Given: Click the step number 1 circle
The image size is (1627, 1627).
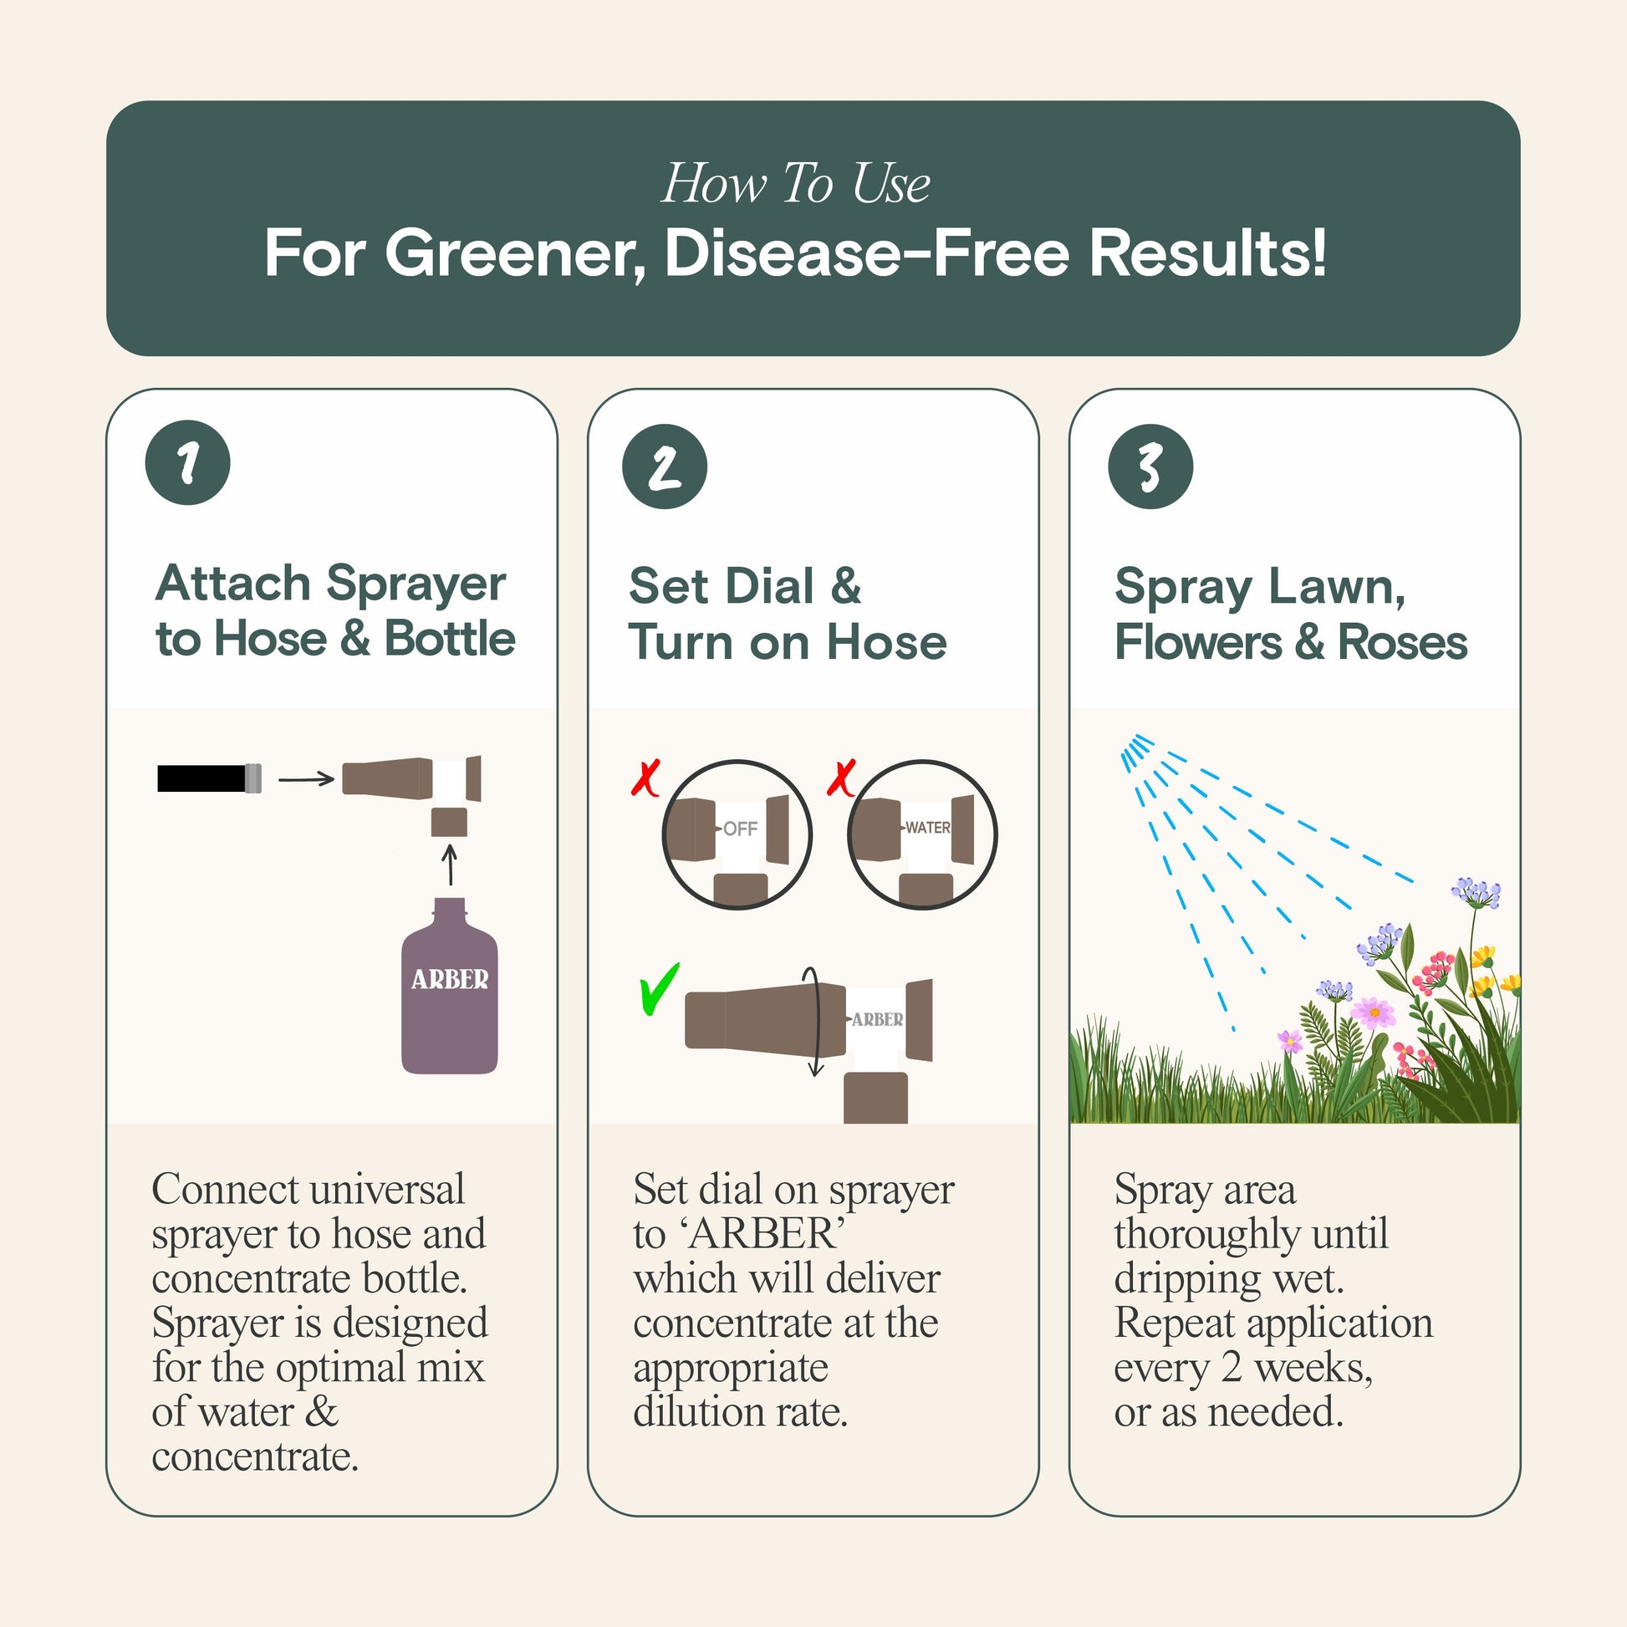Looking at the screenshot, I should click(x=188, y=462).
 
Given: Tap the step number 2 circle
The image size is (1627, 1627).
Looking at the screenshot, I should click(x=665, y=467).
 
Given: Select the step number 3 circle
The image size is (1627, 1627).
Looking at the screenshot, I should click(x=1150, y=467).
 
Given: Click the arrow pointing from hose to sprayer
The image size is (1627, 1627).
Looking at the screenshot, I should click(x=307, y=780).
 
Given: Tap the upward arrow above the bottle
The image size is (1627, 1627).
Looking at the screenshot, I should click(x=450, y=865).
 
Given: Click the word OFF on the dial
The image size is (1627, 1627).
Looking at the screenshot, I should click(x=739, y=829).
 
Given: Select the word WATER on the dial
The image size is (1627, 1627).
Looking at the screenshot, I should click(x=927, y=828).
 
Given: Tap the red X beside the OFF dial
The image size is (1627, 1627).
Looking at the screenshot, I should click(x=646, y=778).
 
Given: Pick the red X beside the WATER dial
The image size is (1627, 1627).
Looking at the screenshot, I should click(x=841, y=778).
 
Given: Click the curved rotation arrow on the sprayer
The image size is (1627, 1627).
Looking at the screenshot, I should click(x=813, y=1022).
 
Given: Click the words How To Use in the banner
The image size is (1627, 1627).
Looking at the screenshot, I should click(x=795, y=183).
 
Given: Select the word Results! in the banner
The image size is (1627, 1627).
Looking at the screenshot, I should click(x=1207, y=252).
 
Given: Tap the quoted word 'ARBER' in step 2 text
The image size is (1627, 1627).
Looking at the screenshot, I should click(x=764, y=1235).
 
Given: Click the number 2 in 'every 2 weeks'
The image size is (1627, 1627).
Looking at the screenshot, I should click(x=1232, y=1368).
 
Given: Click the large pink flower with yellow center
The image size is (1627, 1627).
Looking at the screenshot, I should click(x=1374, y=1012).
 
